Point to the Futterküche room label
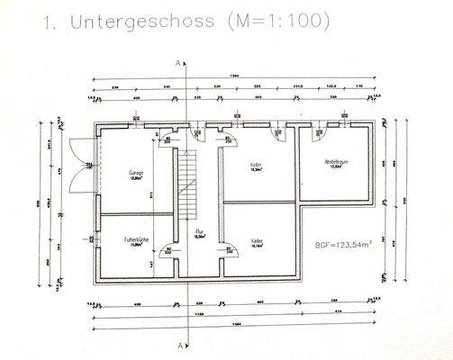click(137, 242)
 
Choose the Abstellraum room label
click(337, 164)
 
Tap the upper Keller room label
click(256, 166)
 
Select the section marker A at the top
click(179, 62)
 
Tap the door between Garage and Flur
click(165, 138)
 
